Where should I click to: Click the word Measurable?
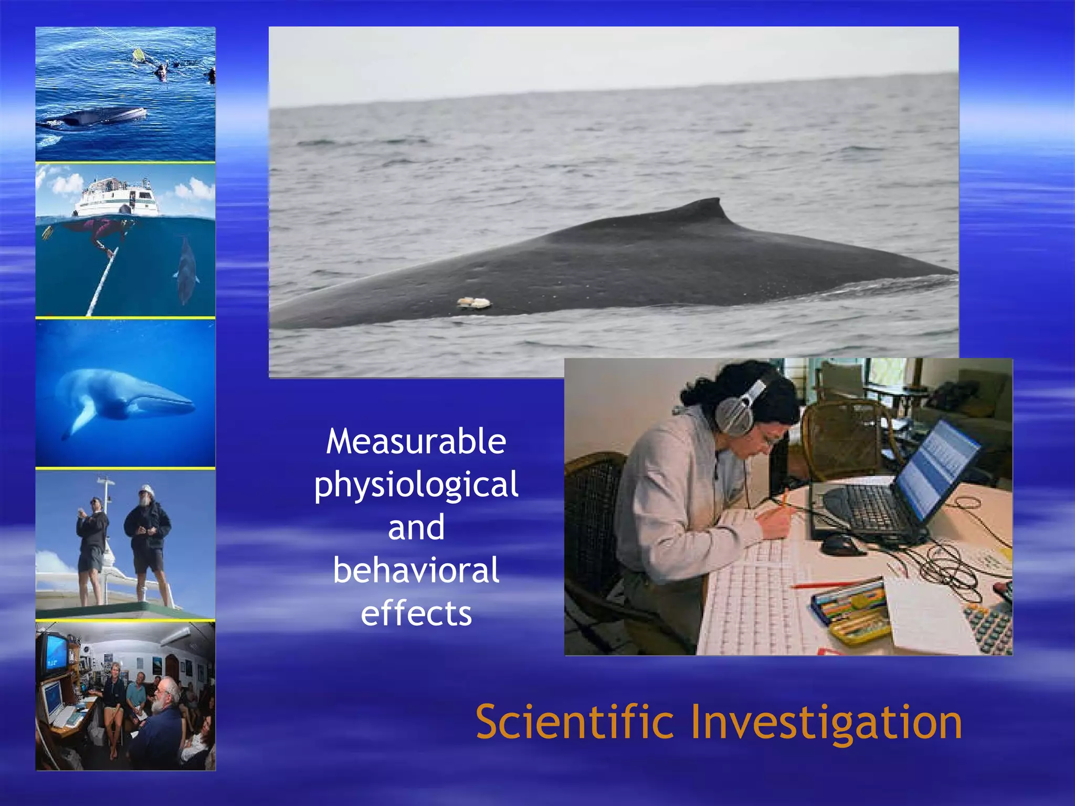tap(416, 442)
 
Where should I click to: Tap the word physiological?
tap(416, 485)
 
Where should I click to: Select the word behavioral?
tap(416, 571)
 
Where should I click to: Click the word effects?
tap(416, 613)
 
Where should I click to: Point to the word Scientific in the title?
tap(574, 723)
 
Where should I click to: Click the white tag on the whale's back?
tap(474, 302)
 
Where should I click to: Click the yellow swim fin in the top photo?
tap(138, 55)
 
